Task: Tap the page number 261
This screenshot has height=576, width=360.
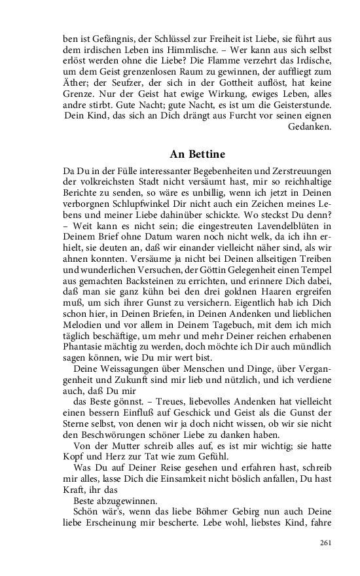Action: click(x=327, y=543)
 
